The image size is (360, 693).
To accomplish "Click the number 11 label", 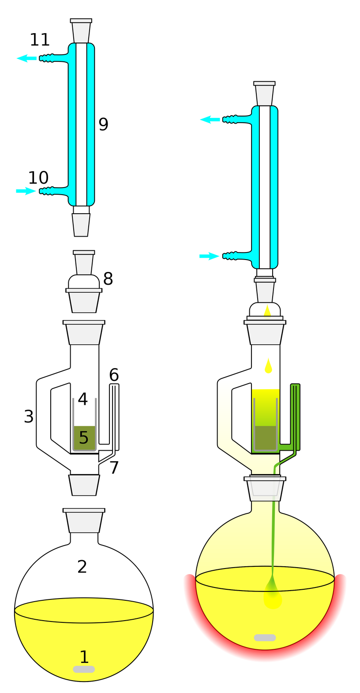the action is (x=40, y=40).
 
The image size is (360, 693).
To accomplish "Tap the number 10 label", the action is (x=38, y=178).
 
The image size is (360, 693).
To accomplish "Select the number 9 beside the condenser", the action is (x=103, y=124).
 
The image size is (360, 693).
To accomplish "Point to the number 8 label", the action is (x=108, y=279).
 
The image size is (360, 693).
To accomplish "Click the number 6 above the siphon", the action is (x=114, y=375).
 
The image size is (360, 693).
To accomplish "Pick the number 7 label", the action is (x=114, y=467).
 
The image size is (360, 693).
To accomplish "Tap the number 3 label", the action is (x=29, y=416).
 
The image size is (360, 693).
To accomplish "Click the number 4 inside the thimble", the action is (x=82, y=399).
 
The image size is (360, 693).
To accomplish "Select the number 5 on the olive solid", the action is (x=83, y=437).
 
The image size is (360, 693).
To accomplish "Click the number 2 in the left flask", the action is (x=82, y=567).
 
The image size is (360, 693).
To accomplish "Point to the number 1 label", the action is (x=84, y=656).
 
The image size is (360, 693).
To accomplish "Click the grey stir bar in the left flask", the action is (x=84, y=669).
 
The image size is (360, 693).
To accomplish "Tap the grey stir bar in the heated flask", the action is (x=265, y=638).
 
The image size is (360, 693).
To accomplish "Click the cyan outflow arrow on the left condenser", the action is (x=26, y=58).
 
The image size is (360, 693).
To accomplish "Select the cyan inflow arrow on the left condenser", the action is (x=26, y=191).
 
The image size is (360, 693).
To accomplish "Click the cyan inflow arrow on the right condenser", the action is (x=210, y=256).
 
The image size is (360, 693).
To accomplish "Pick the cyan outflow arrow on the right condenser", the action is (x=210, y=119).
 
